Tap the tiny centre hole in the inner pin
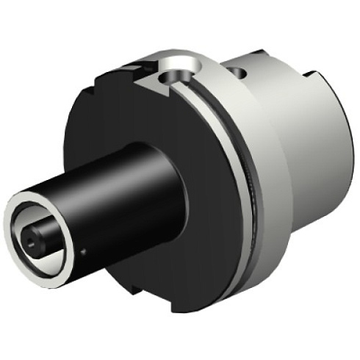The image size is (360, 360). tap(30, 240)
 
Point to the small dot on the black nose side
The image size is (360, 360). tap(84, 250)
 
